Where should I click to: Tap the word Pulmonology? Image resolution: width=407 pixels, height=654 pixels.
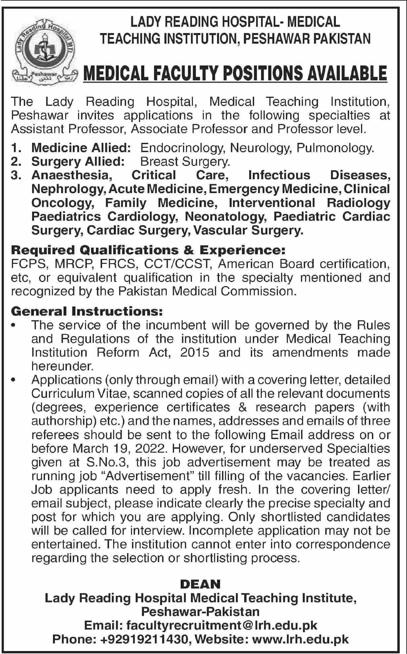click(335, 147)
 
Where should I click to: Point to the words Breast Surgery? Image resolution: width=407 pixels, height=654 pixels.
click(185, 161)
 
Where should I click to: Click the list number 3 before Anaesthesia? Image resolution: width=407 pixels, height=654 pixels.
click(15, 175)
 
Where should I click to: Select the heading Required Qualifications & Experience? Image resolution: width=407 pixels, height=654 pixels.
click(148, 250)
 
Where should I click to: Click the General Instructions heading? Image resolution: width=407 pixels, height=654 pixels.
click(87, 311)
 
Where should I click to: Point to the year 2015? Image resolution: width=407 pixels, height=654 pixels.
click(195, 352)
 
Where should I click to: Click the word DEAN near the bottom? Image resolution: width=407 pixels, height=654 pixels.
click(201, 584)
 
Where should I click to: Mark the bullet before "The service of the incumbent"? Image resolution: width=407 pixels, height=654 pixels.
click(14, 325)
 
